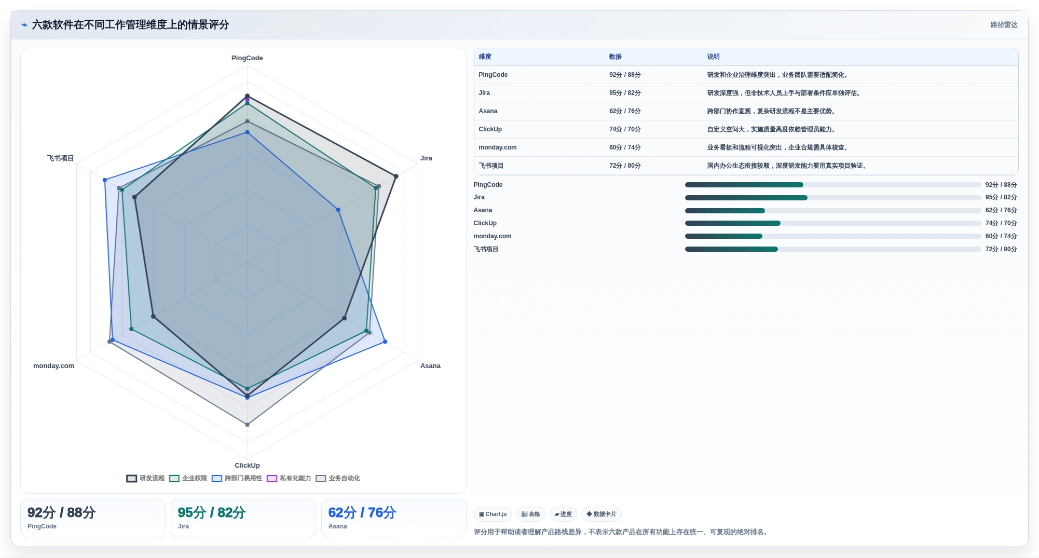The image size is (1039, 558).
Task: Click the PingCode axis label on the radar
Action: click(x=247, y=58)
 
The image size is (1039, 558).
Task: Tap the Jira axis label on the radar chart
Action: click(x=426, y=158)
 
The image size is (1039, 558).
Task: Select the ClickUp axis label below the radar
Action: click(x=247, y=466)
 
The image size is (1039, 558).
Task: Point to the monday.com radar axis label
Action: click(x=53, y=366)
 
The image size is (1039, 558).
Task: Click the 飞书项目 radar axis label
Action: click(x=60, y=158)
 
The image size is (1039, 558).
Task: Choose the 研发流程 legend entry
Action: click(x=145, y=479)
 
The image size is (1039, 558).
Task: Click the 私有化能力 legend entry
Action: click(x=289, y=479)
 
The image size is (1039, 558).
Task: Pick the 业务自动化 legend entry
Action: click(x=338, y=479)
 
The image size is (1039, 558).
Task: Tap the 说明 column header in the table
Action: click(x=713, y=57)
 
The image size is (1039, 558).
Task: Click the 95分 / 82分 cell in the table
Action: click(x=625, y=93)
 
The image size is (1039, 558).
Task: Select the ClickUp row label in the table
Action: click(x=490, y=129)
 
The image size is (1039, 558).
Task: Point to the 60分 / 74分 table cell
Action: click(x=625, y=147)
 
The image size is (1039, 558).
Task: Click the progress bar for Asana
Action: click(x=833, y=211)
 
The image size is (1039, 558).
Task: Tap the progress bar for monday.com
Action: click(x=833, y=236)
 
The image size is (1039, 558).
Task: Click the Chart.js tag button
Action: click(x=493, y=514)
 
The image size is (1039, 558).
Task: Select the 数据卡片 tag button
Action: click(x=601, y=514)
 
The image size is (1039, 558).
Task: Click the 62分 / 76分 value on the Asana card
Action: click(x=362, y=513)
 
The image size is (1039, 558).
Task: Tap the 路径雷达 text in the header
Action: click(x=1004, y=25)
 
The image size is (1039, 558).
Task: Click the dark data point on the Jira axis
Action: click(x=396, y=176)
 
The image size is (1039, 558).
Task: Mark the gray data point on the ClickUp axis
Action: click(x=247, y=425)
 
